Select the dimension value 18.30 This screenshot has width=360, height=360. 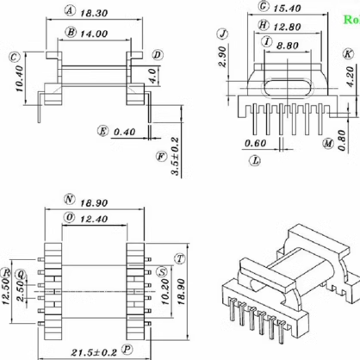tap(93, 14)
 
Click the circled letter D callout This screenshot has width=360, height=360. tap(157, 55)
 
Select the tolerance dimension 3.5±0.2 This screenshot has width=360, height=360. tap(175, 156)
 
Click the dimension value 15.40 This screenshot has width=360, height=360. tap(285, 7)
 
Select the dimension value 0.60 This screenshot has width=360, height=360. tap(255, 143)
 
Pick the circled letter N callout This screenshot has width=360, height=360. tap(68, 199)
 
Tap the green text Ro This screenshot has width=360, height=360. tap(351, 17)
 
